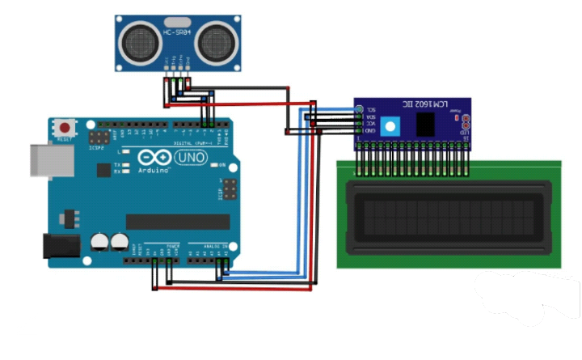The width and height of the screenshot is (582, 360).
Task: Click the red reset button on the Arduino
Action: point(64,127)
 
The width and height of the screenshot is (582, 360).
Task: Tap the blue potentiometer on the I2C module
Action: point(391,127)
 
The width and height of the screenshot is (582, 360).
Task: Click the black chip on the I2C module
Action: point(424,123)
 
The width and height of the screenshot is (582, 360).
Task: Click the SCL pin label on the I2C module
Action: point(371,109)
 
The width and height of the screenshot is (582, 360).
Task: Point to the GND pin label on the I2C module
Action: point(370,130)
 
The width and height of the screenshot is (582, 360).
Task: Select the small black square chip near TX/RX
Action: point(103,170)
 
